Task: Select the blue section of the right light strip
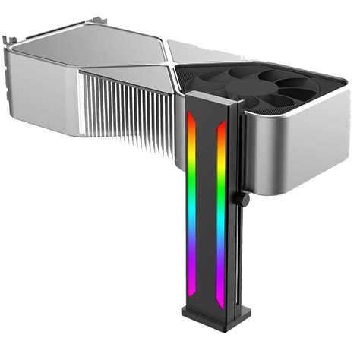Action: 221,243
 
